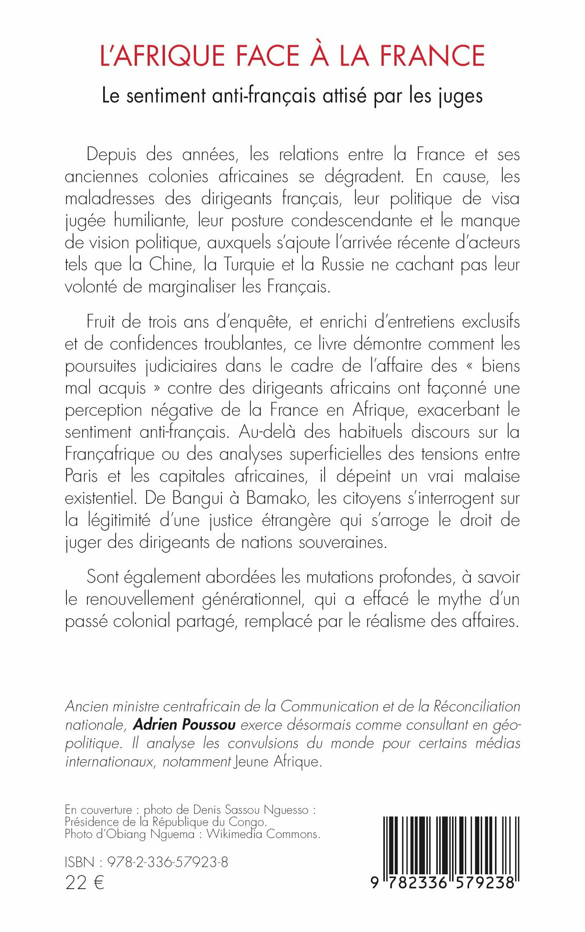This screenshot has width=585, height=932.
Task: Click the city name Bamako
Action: click(277, 498)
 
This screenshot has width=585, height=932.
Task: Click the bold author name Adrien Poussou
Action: click(184, 724)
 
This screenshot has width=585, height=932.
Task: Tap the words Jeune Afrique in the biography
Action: click(277, 762)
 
